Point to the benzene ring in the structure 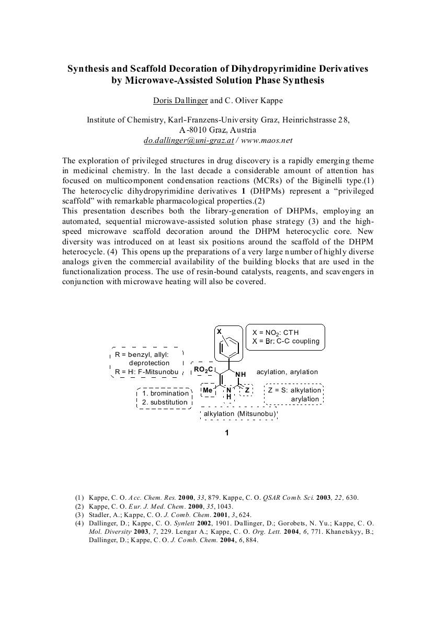pos(230,345)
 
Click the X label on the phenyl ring pos(220,332)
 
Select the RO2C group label pos(202,369)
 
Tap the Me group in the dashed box pos(208,390)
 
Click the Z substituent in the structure pos(247,390)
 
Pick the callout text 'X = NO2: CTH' pos(276,332)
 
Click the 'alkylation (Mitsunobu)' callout pos(239,414)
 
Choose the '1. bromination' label pos(165,393)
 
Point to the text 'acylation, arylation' pos(287,372)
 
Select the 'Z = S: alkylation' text pos(294,390)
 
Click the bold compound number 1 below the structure pos(227,433)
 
